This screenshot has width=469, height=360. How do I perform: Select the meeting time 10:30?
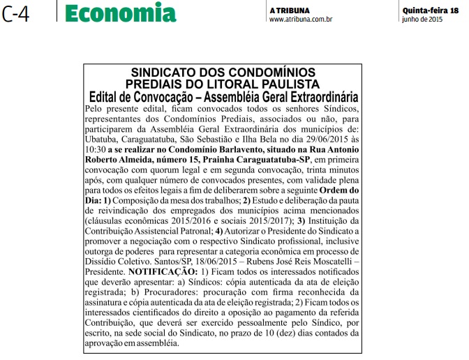(94, 149)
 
